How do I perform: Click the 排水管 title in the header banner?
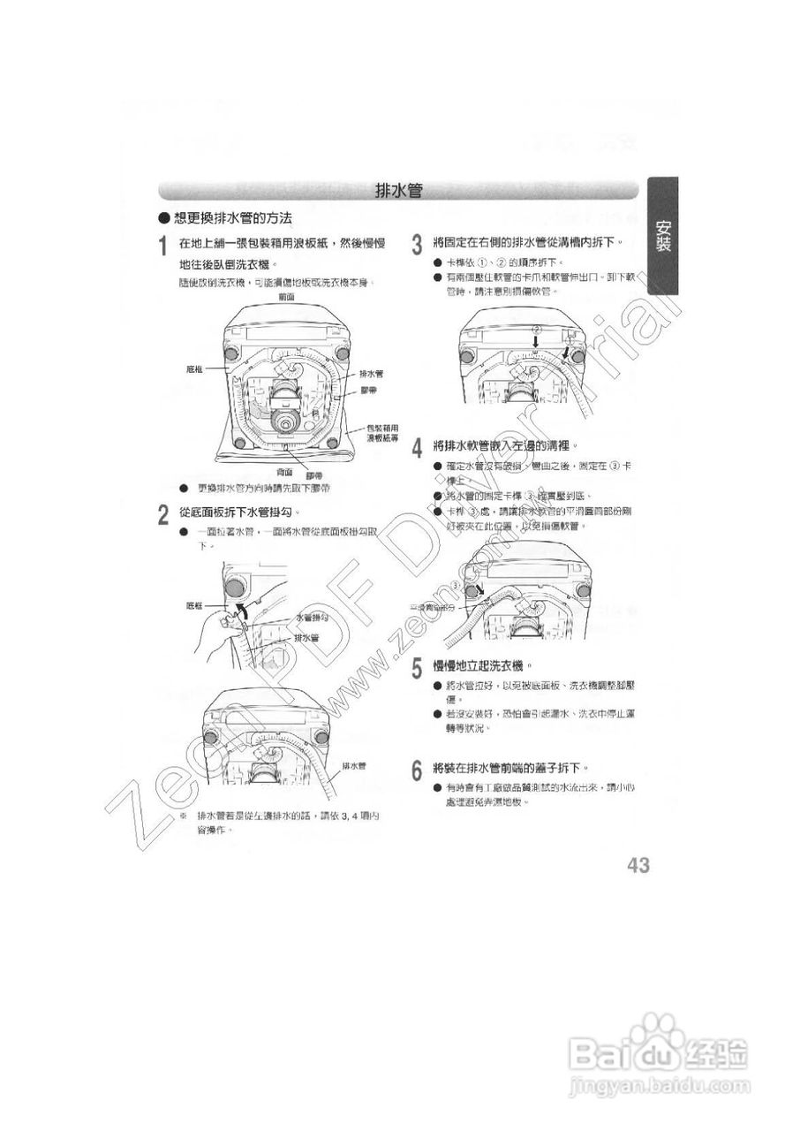tap(397, 190)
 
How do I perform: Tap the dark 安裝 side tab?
tap(662, 237)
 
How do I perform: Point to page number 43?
tap(638, 865)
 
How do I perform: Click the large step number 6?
tap(417, 770)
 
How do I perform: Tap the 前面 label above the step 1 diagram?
tap(286, 297)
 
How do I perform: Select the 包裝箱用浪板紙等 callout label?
tap(382, 432)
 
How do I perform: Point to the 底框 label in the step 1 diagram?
tap(195, 368)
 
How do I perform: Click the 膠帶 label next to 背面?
tap(313, 476)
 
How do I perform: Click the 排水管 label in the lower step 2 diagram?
tap(354, 765)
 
